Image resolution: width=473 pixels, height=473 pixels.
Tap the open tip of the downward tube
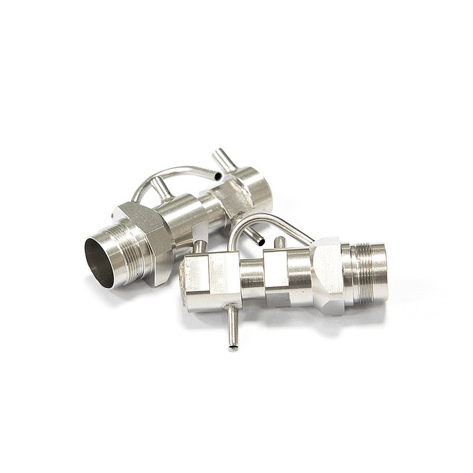[232, 348]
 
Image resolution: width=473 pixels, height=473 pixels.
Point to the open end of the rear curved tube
[219, 176]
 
